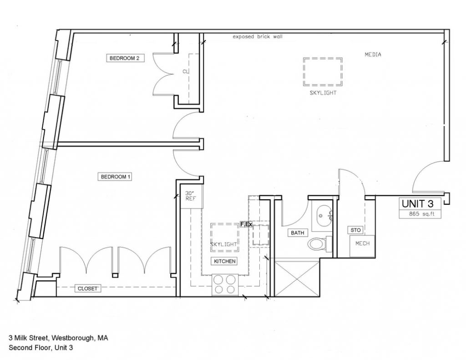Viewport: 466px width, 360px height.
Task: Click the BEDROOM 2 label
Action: [125, 58]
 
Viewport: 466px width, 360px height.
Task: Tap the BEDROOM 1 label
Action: [115, 177]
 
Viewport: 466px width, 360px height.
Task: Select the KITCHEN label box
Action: [225, 261]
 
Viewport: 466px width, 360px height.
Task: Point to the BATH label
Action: [298, 233]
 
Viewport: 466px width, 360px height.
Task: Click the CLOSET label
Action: [87, 289]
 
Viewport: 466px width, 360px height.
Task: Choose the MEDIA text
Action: [373, 55]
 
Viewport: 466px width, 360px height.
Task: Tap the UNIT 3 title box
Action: [420, 203]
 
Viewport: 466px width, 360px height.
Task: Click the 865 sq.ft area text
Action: [421, 213]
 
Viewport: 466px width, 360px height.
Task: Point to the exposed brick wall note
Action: [258, 36]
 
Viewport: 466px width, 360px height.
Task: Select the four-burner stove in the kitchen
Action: [225, 284]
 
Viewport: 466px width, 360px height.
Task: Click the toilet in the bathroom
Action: [320, 244]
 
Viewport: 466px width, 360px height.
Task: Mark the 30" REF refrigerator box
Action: [192, 197]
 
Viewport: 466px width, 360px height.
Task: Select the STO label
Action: [355, 230]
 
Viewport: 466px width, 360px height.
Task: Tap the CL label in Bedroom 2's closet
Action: [186, 71]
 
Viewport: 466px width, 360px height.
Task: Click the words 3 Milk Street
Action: [29, 338]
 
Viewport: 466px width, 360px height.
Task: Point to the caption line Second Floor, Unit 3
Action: [41, 348]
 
